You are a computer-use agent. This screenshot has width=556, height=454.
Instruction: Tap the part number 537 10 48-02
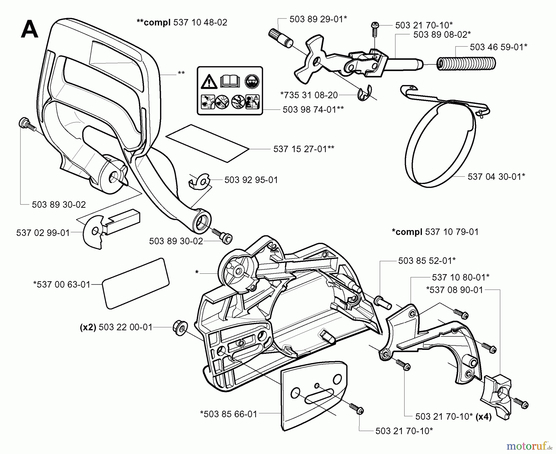point(200,22)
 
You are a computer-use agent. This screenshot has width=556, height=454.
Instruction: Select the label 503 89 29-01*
point(318,19)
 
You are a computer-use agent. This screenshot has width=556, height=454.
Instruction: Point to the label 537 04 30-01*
point(496,177)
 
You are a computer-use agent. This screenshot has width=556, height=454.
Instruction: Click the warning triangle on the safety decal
point(208,82)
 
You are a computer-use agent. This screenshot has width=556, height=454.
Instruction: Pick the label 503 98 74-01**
point(313,109)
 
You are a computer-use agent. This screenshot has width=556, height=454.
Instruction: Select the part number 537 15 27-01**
point(304,149)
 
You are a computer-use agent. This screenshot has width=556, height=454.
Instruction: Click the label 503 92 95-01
point(251,180)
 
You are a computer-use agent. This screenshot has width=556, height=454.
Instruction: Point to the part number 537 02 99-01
point(43,233)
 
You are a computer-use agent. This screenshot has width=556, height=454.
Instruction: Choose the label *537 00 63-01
point(62,284)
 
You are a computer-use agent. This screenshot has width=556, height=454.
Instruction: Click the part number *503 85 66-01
point(229,414)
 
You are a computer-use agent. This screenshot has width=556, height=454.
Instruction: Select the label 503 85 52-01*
point(427,261)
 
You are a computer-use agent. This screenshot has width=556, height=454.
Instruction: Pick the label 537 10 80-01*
point(461,277)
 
